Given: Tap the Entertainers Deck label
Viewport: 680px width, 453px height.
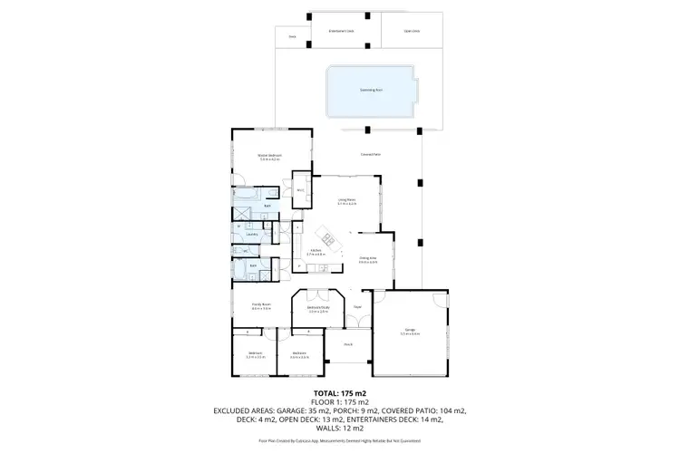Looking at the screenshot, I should (341, 31).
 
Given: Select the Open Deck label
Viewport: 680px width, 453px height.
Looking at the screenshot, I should (399, 31).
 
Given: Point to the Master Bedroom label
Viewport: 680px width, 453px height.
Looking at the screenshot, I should (270, 157).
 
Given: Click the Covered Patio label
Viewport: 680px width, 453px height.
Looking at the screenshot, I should (369, 155).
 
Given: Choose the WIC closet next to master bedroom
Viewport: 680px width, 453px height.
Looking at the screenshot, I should (300, 190).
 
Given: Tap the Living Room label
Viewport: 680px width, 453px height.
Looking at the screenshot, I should (346, 201).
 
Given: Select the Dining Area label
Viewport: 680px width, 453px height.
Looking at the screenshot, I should (367, 260).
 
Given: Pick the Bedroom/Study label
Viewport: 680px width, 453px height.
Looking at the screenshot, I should (316, 309).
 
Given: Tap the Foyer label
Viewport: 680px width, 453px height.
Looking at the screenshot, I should (357, 306).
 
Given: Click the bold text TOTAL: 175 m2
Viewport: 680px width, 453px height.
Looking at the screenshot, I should (339, 393).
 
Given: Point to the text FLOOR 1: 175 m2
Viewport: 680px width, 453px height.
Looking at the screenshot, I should (339, 401).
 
